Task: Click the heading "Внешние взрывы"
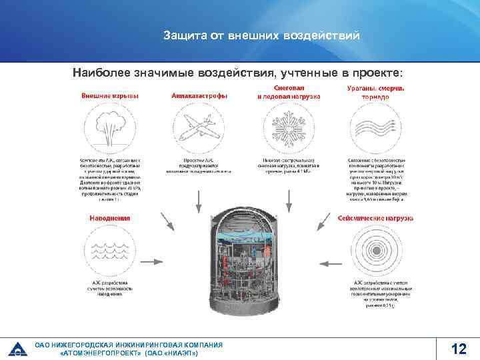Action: click(x=110, y=96)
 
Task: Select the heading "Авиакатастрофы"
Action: click(x=199, y=96)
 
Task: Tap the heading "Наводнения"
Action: click(x=110, y=217)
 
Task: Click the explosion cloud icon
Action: click(x=109, y=129)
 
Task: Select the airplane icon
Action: click(x=199, y=129)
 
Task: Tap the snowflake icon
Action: click(x=288, y=129)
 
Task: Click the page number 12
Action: click(x=458, y=349)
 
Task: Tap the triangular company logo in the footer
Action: click(x=18, y=348)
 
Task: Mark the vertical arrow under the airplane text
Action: click(x=199, y=197)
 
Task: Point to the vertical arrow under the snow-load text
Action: click(x=288, y=197)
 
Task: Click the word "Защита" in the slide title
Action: click(x=185, y=35)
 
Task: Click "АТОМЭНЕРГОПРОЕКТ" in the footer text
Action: click(x=101, y=353)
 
